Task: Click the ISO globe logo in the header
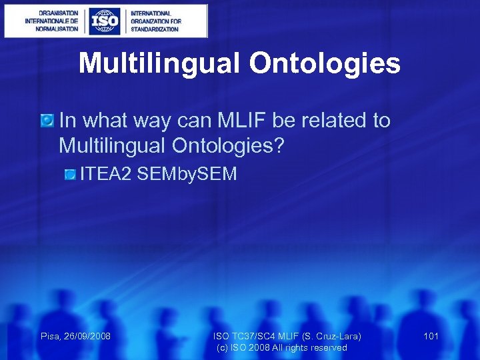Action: coord(105,21)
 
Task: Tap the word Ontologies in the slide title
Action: coord(325,64)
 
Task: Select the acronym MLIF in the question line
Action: coord(255,121)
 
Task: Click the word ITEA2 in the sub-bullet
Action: coord(105,174)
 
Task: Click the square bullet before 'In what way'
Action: coord(47,121)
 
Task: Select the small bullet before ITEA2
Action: coord(70,175)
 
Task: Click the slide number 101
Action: coord(431,336)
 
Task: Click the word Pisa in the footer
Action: coord(50,336)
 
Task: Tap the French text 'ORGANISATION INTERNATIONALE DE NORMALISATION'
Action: coord(51,21)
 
